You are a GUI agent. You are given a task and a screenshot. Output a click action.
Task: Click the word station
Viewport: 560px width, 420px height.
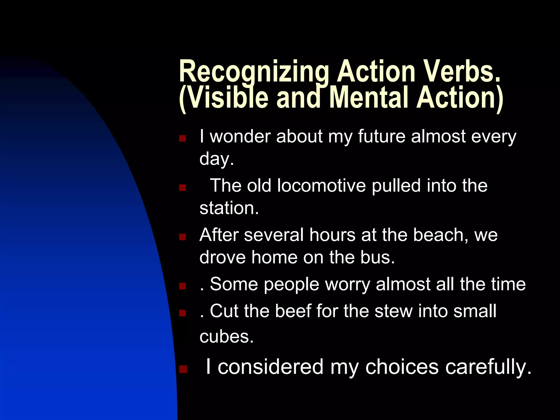point(229,208)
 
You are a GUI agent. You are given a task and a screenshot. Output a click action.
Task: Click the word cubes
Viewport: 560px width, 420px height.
point(226,336)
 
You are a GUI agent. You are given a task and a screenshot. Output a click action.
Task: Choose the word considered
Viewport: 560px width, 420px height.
point(271,367)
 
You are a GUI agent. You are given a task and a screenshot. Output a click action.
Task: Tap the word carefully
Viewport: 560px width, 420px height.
point(488,367)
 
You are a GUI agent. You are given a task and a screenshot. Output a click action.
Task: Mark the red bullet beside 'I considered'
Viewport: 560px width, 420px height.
point(183,369)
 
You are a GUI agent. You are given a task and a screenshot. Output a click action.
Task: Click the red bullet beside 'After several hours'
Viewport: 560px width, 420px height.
point(182,237)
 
